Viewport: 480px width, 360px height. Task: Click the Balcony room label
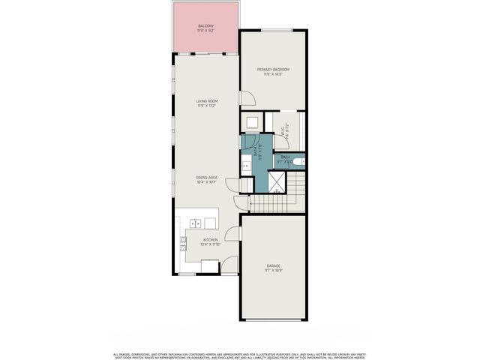pos(206,26)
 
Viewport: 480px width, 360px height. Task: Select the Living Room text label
pos(206,100)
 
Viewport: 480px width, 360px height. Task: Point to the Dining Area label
pos(206,177)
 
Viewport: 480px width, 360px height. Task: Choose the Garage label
pos(274,265)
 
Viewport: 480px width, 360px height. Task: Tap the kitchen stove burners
pos(182,242)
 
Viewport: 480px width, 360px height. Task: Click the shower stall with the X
pos(277,180)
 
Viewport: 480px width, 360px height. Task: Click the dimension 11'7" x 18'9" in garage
pos(274,271)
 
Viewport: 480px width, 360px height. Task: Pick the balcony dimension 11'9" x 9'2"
pos(206,31)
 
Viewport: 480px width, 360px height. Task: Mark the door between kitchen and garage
pos(233,232)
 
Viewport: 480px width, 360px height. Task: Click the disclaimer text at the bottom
pos(240,355)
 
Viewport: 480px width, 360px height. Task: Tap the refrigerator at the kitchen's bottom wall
pos(210,265)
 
